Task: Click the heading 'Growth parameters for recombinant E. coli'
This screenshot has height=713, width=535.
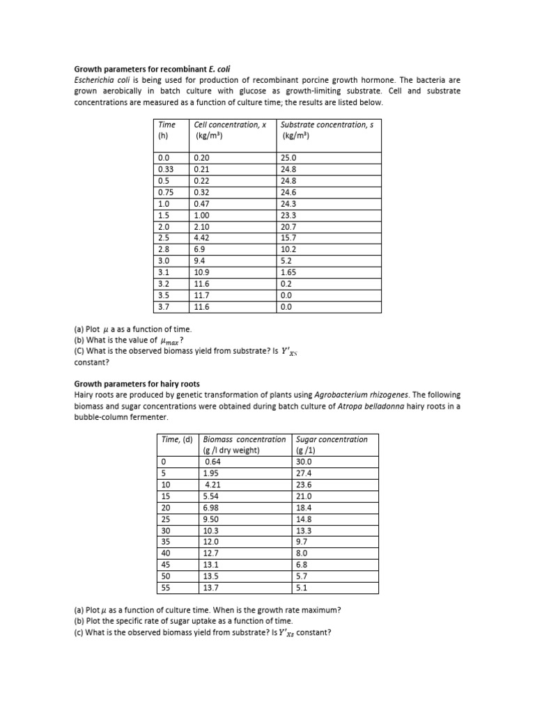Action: coord(152,70)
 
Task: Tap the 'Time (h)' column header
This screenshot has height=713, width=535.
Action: coord(166,130)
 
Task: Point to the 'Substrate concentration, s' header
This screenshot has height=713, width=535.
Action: coord(325,125)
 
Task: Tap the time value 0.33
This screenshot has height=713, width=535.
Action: coord(166,169)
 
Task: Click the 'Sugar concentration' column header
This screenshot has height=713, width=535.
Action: coord(332,439)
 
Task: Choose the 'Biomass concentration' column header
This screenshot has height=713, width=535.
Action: coord(244,439)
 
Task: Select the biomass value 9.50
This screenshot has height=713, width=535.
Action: coord(211,519)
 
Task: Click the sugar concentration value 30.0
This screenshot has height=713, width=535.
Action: coord(304,462)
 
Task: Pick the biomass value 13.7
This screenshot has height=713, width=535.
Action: coord(210,588)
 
